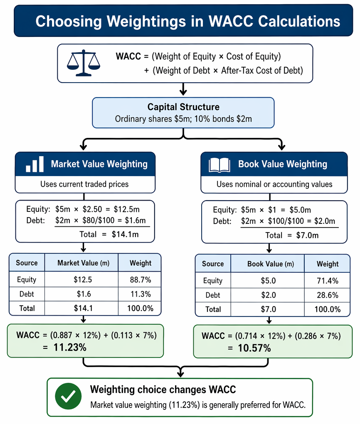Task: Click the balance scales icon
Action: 84,63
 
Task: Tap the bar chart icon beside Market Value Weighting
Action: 35,164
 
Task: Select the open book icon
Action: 219,165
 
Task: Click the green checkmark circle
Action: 68,396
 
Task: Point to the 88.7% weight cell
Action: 140,279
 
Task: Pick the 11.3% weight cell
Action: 141,294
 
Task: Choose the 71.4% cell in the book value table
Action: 328,281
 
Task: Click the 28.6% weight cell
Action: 328,295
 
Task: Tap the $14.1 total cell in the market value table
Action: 83,308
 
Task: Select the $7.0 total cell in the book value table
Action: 268,309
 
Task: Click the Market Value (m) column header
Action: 84,263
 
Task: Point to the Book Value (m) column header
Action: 271,264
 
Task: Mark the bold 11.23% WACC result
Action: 70,347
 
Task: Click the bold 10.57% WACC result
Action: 254,348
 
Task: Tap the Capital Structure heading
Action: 183,107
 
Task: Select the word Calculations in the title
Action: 299,21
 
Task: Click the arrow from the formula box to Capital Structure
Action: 183,89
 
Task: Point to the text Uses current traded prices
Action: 84,184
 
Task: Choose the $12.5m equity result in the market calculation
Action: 127,209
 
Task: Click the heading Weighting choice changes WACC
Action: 163,390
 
